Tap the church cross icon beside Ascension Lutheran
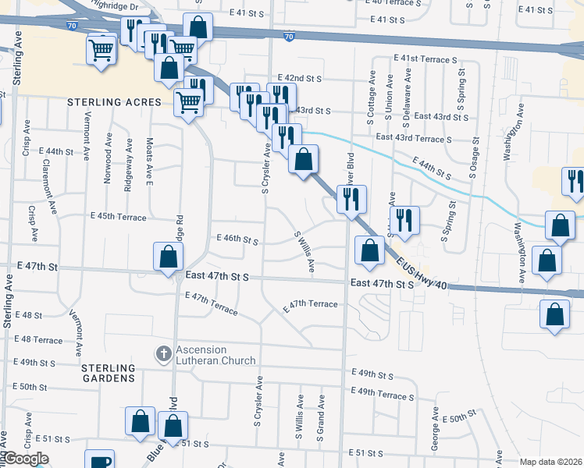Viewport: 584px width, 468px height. [163, 354]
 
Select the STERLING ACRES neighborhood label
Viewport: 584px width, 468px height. [114, 102]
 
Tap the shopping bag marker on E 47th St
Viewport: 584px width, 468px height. [168, 257]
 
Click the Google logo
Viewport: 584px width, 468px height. [25, 459]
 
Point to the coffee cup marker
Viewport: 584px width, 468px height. [100, 460]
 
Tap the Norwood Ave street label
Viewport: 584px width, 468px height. [109, 161]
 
